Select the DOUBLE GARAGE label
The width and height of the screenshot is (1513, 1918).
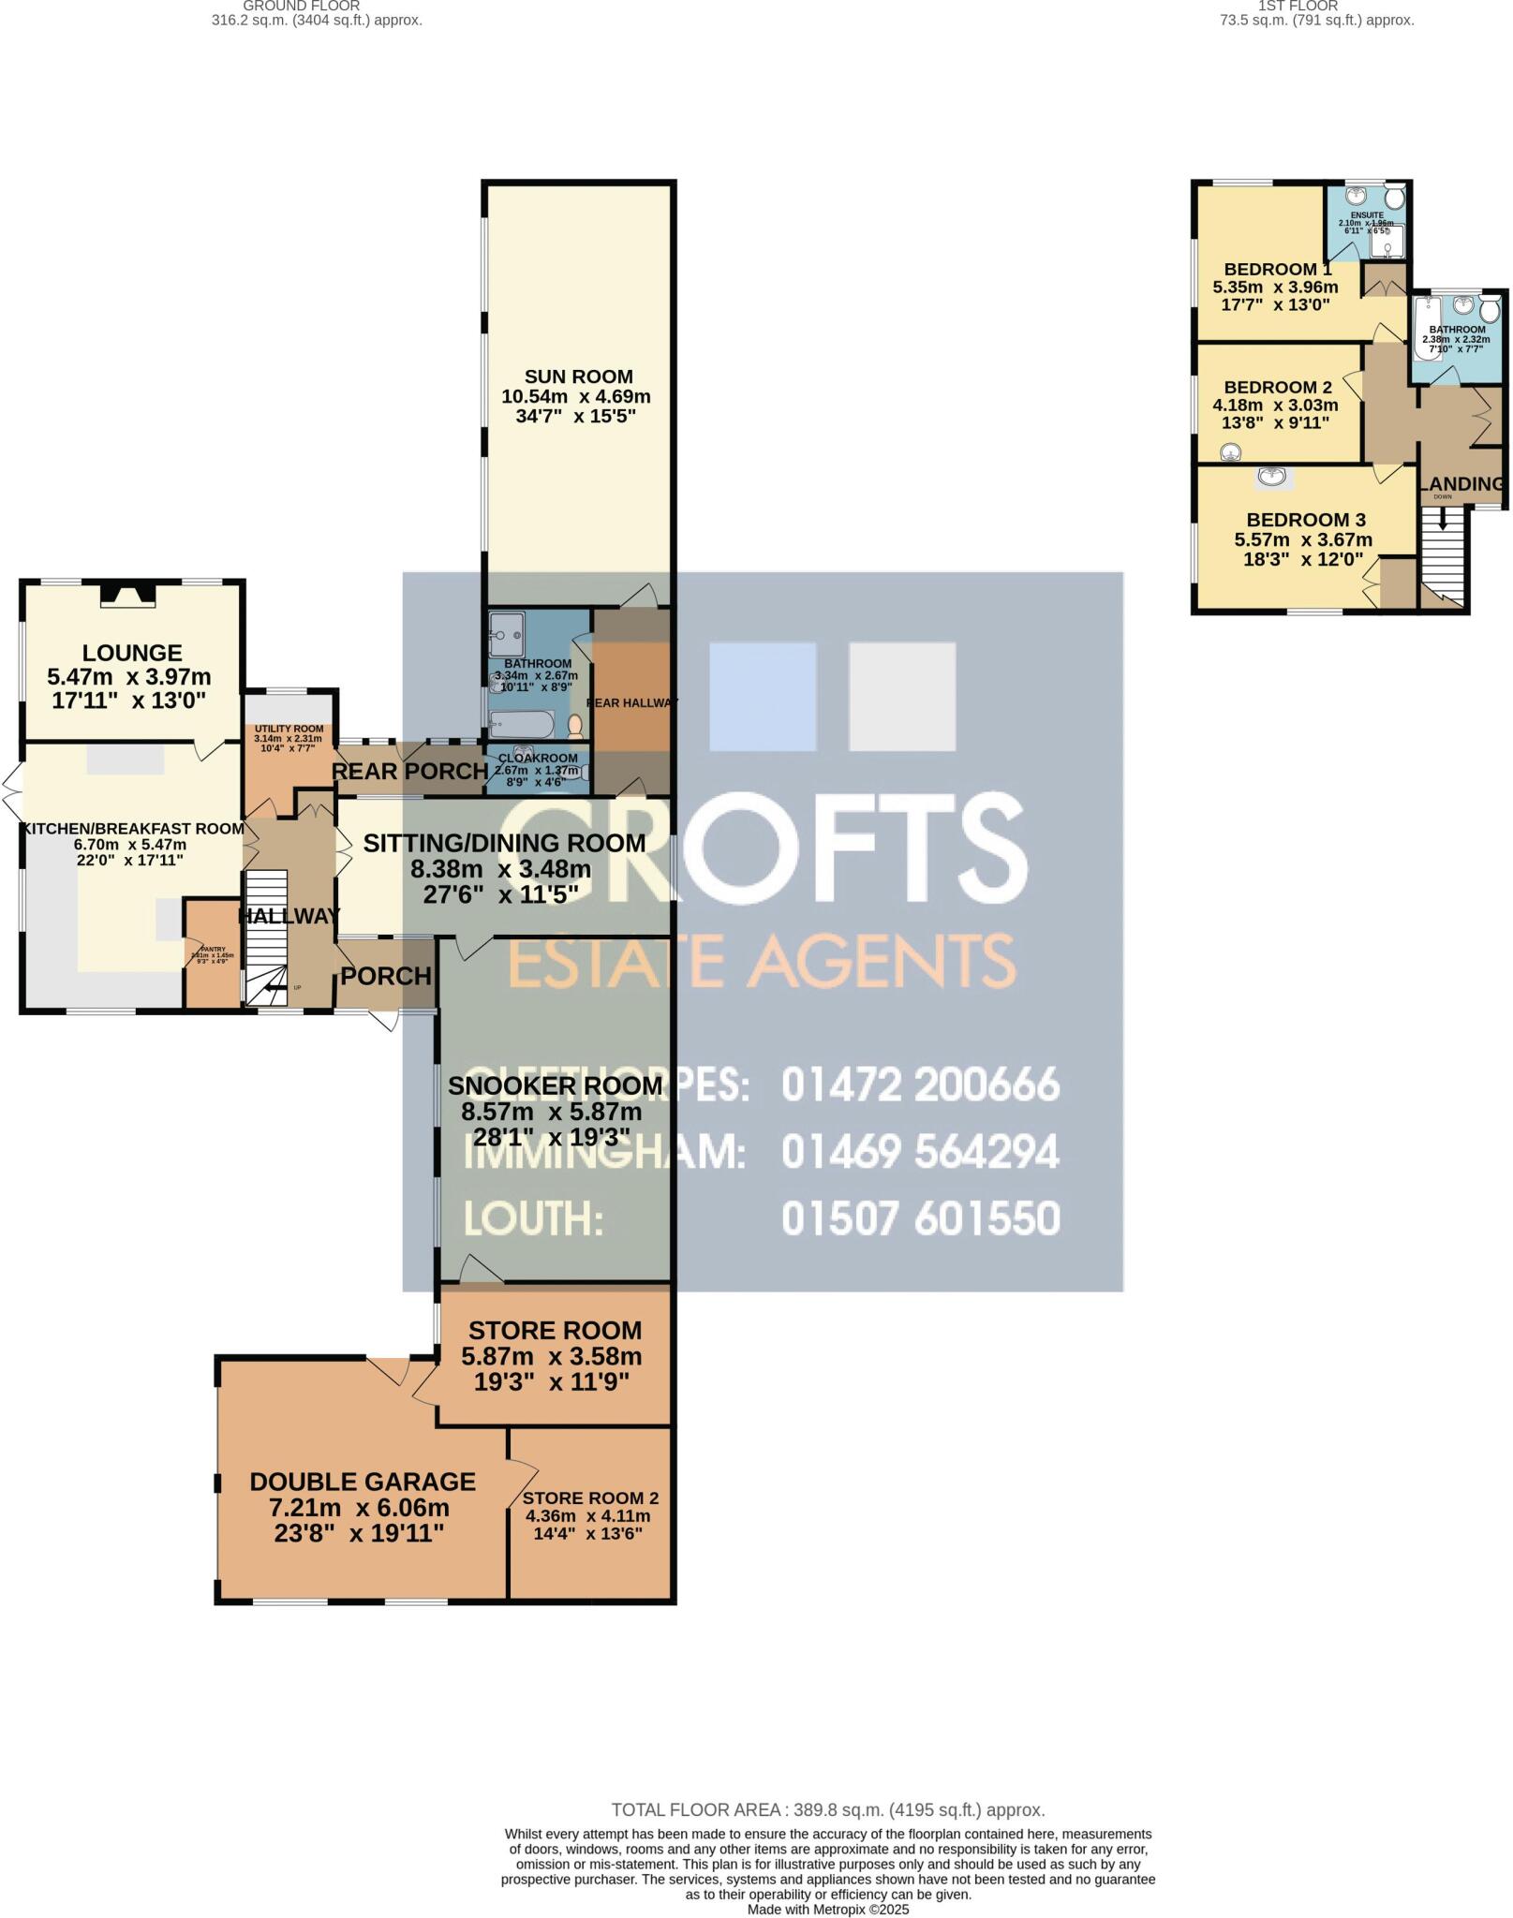click(x=363, y=1482)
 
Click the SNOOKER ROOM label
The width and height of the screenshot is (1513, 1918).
click(x=555, y=1085)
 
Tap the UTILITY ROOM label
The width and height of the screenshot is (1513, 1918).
click(x=289, y=729)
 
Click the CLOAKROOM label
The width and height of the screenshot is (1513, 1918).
click(x=538, y=758)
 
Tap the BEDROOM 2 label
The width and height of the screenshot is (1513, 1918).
click(x=1277, y=387)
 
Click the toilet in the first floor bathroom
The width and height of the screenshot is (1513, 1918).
click(x=1490, y=309)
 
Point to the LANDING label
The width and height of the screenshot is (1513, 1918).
click(x=1462, y=483)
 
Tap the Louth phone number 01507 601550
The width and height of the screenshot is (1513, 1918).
click(x=920, y=1218)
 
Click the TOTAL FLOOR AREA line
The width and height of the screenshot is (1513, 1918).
click(x=827, y=1809)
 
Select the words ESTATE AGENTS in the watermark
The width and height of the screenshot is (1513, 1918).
click(x=761, y=961)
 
